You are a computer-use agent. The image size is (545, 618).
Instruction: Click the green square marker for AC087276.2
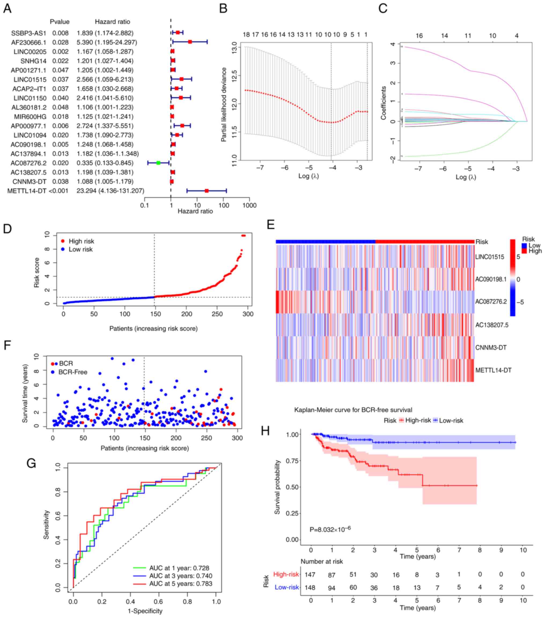(158, 163)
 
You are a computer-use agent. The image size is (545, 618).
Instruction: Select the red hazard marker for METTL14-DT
(207, 191)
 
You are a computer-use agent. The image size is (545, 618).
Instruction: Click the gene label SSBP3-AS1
(29, 33)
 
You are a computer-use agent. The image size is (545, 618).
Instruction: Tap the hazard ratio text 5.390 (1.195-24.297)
(106, 42)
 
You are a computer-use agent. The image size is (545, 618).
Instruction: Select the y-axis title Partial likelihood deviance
(224, 104)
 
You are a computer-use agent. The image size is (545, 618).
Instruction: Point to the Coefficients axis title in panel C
(384, 103)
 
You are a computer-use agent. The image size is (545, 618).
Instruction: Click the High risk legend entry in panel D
(81, 241)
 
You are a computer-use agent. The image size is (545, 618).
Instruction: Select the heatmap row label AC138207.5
(492, 325)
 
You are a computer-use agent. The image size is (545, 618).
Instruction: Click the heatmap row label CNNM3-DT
(490, 347)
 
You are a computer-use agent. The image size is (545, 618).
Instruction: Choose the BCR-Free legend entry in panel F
(73, 372)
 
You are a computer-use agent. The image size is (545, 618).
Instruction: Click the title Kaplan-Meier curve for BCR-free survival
(353, 410)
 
